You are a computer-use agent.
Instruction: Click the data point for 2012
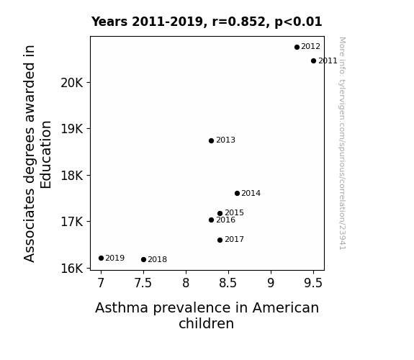297,47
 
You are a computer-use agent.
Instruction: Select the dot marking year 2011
313,60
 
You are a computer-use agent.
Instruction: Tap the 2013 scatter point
211,141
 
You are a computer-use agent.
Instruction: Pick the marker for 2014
237,194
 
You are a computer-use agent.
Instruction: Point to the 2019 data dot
101,258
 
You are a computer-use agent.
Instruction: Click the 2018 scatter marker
143,260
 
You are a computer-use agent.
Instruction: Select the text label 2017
234,239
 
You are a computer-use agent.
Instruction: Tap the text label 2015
234,212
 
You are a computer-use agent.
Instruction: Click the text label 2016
225,220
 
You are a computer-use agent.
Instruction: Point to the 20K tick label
72,83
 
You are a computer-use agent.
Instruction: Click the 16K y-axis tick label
72,269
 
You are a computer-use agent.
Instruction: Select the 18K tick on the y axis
72,176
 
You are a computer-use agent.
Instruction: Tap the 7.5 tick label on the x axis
143,283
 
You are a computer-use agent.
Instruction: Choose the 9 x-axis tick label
271,283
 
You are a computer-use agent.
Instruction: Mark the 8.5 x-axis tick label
228,283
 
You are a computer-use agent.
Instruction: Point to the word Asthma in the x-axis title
122,308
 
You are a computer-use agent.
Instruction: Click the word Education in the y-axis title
45,155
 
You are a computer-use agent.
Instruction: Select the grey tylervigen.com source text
342,143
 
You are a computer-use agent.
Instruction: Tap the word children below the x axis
206,323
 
